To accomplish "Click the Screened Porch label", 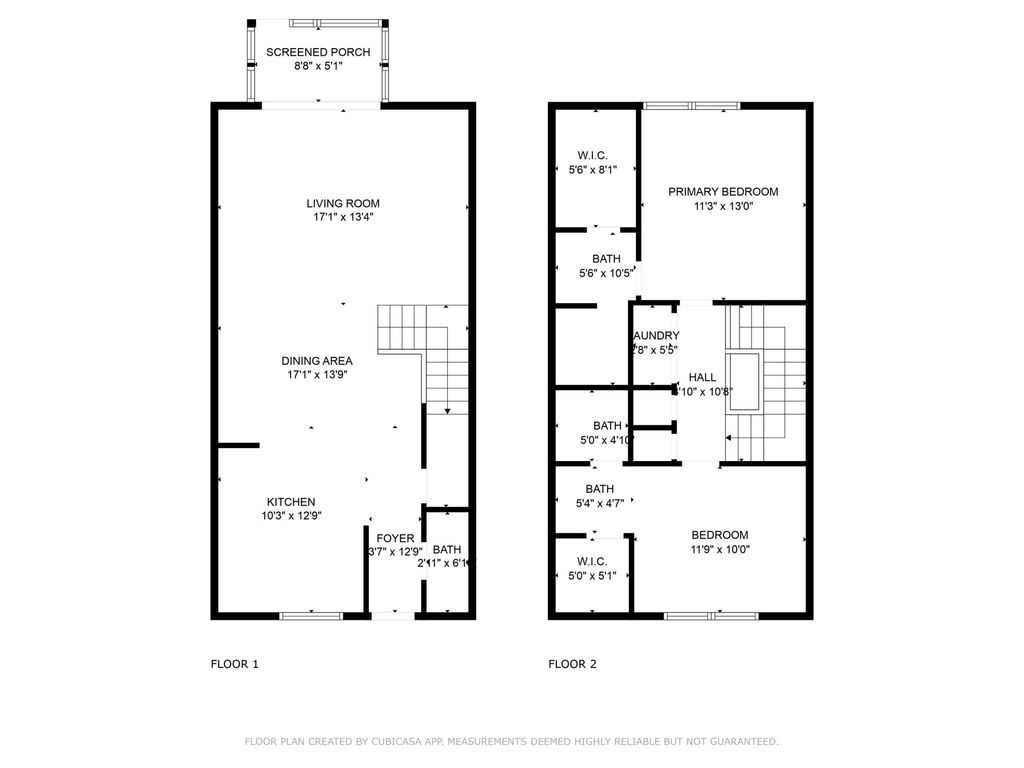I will tap(318, 52).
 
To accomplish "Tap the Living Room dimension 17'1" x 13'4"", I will tap(343, 217).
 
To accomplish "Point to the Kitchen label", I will tap(291, 502).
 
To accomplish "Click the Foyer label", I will tap(394, 538).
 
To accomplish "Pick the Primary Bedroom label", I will tap(723, 192).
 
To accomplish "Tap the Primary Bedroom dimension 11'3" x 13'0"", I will tap(723, 207).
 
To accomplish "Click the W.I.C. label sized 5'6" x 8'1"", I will tap(592, 155).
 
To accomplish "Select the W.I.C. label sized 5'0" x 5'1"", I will tap(592, 561).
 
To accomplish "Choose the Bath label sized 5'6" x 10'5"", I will tap(606, 259).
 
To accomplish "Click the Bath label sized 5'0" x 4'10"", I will tap(607, 425).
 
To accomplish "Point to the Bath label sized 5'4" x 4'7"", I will tap(600, 488).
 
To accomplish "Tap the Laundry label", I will tap(656, 336).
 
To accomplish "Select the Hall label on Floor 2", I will tap(702, 377).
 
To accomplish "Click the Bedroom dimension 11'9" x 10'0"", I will tap(719, 549).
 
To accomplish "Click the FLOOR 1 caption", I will tap(235, 663).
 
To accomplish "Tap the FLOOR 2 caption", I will tap(573, 663).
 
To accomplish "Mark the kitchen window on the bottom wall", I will tap(311, 615).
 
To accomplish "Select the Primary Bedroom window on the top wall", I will tap(691, 105).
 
